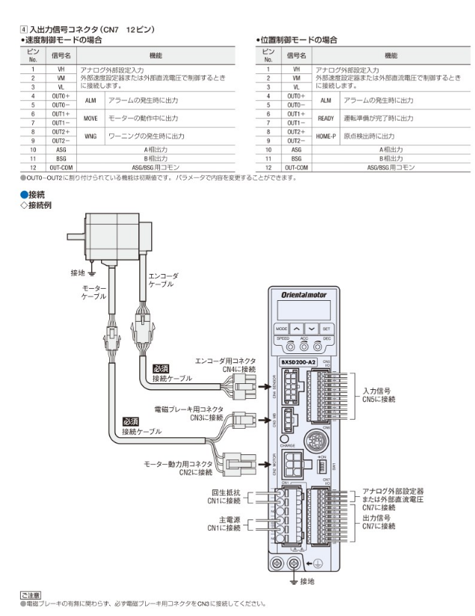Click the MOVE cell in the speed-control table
click(91, 118)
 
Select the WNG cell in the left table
click(91, 136)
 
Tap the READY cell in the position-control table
click(325, 118)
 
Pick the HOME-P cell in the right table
click(325, 136)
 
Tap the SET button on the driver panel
click(327, 328)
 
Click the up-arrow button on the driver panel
click(297, 328)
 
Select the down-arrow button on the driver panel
click(312, 328)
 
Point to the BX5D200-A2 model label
click(297, 362)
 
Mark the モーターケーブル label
click(94, 293)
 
